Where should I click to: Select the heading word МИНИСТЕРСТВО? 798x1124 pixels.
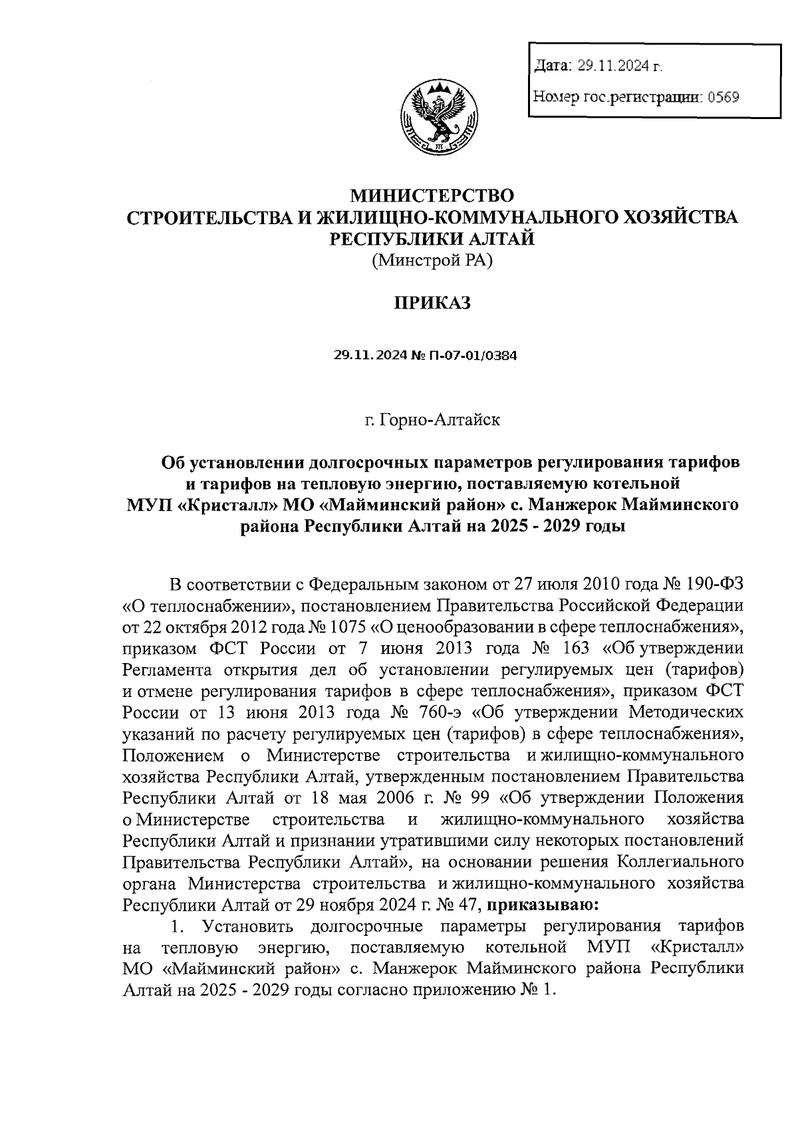click(433, 196)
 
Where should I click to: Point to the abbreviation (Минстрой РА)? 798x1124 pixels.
click(432, 261)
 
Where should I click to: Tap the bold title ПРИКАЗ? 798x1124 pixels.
click(432, 303)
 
